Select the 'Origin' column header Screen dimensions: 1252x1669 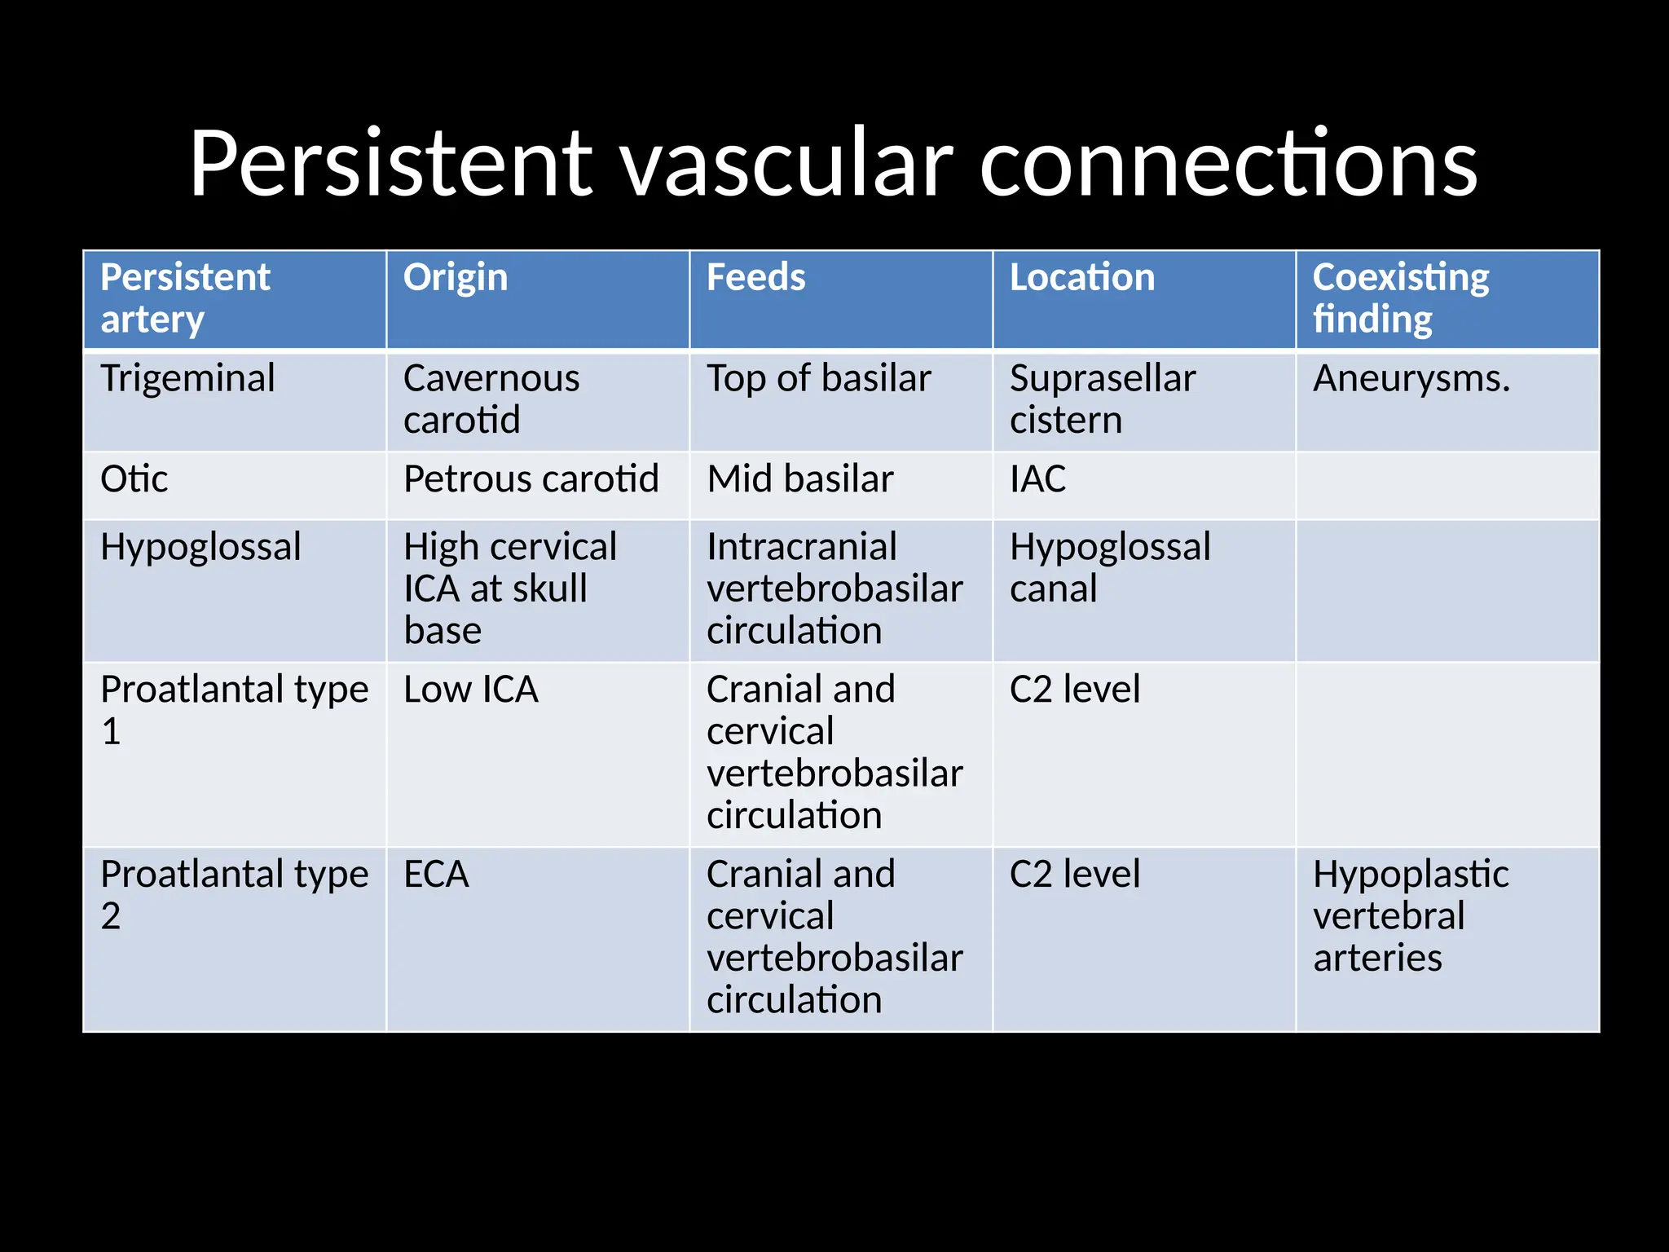click(455, 278)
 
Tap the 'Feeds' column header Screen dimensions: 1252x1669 click(755, 278)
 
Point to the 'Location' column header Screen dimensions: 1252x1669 click(1081, 278)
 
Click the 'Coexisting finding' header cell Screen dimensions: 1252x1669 click(1400, 298)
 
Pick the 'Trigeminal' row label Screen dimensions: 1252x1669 click(187, 379)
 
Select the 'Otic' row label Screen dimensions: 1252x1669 click(134, 479)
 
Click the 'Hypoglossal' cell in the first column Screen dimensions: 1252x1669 click(200, 547)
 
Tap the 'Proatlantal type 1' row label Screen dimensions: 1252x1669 click(234, 710)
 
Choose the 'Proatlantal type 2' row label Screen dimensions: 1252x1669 click(234, 895)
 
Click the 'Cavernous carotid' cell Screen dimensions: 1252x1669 click(491, 399)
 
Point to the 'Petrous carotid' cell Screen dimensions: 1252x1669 click(531, 479)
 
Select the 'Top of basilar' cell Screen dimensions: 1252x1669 click(818, 379)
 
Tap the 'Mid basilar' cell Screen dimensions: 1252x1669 click(800, 479)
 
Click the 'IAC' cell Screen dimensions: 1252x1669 click(1037, 479)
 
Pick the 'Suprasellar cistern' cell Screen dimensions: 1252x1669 click(1102, 399)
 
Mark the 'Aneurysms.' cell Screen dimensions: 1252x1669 click(1411, 379)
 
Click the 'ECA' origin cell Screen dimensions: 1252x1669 click(436, 875)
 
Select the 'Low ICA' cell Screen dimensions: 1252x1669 click(471, 690)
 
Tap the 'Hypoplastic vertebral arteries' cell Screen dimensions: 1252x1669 click(1410, 916)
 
